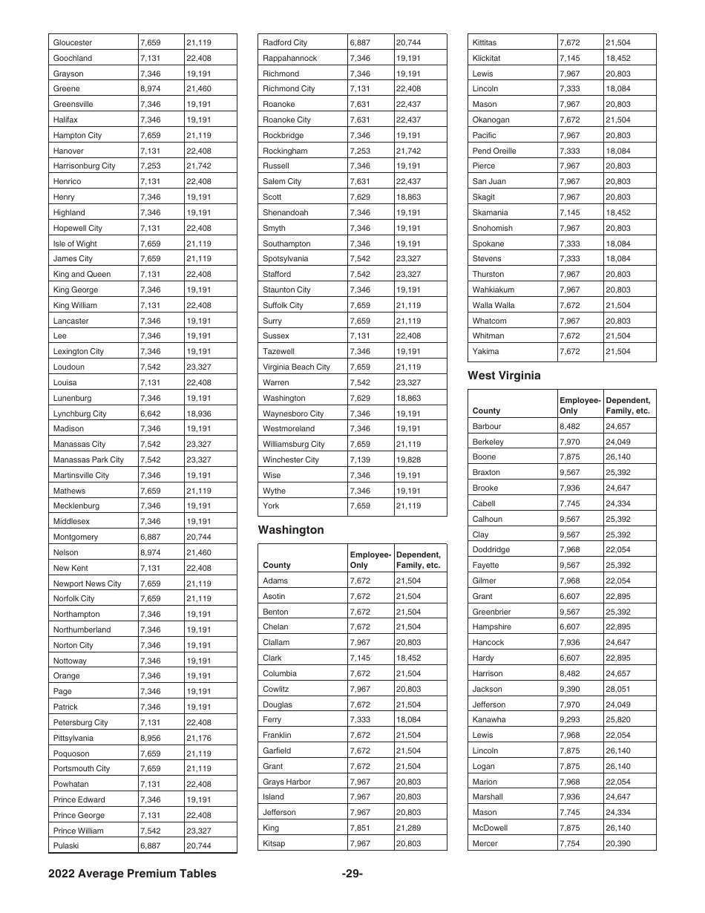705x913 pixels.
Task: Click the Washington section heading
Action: [x=291, y=530]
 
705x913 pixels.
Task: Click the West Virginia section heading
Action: [x=504, y=376]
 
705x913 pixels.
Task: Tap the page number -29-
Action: [x=352, y=874]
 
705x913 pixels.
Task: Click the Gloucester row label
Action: [x=73, y=42]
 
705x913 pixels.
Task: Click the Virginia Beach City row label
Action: [x=296, y=367]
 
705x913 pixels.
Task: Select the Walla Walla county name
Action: [x=493, y=305]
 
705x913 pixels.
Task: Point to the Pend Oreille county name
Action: [x=494, y=151]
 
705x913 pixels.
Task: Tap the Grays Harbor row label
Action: [x=286, y=782]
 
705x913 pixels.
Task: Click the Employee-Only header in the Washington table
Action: [x=370, y=560]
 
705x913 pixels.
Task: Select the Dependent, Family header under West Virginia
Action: [x=628, y=405]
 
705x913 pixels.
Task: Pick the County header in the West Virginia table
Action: [x=486, y=410]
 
